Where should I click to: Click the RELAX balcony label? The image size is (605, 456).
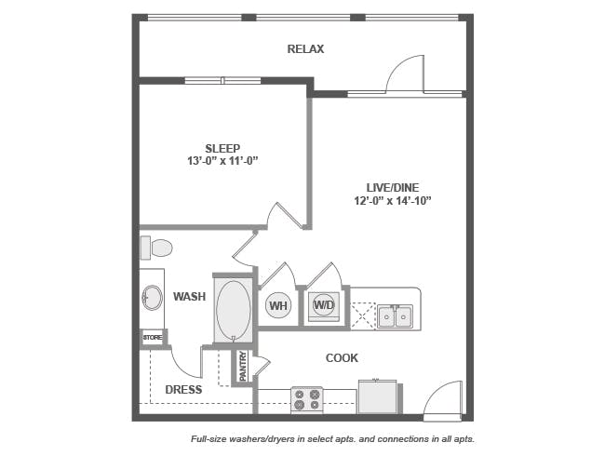coord(305,49)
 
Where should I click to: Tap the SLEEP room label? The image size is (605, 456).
coord(222,148)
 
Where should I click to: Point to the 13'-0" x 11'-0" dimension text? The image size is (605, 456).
coord(222,161)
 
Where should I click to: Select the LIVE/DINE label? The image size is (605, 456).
coord(393,187)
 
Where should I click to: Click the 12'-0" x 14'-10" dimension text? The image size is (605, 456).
coord(393,201)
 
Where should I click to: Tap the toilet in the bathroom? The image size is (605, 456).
coord(156,248)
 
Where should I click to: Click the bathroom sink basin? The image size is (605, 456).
coord(152,298)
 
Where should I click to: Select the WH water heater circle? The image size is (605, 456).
coord(278,305)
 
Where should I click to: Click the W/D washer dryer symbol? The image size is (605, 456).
coord(324,304)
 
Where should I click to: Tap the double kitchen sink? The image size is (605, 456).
coord(395,316)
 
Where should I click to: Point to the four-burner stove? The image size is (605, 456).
coord(307,399)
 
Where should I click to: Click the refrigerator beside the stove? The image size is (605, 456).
coord(378,396)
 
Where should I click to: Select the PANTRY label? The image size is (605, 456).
coord(243,366)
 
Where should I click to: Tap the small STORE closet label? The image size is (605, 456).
coord(153,338)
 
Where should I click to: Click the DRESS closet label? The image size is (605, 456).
coord(183,390)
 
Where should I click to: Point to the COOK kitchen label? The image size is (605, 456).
coord(342,358)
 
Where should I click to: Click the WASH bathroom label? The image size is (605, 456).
coord(189,296)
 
